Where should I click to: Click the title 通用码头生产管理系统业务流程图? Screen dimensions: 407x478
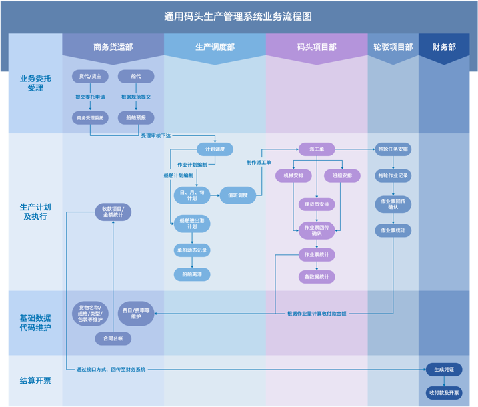point(238,17)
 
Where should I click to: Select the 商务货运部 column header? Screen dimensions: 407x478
point(113,47)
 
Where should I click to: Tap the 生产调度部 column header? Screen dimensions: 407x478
point(215,47)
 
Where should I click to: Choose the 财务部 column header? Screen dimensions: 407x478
point(444,47)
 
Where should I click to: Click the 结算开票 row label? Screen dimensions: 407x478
point(35,381)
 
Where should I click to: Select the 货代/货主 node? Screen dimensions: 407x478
point(90,77)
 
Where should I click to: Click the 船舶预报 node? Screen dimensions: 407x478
point(136,118)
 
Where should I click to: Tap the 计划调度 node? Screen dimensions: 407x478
point(215,149)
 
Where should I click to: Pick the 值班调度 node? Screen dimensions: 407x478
point(237,195)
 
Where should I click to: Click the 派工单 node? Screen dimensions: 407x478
point(317,149)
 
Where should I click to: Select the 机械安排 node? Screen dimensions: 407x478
point(293,176)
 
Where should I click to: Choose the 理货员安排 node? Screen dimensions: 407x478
point(317,204)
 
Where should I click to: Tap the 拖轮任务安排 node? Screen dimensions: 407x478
point(393,149)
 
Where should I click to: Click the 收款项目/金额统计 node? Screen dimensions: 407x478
point(113,212)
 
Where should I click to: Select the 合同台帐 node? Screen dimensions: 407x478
point(113,339)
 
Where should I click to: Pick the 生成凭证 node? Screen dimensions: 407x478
point(444,370)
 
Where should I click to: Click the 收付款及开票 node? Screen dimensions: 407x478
point(444,393)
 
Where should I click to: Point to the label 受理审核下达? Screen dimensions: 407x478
point(155,136)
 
